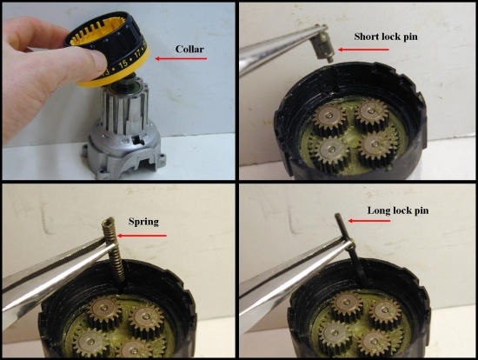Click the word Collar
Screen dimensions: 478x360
pyautogui.click(x=189, y=49)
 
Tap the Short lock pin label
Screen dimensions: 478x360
pyautogui.click(x=386, y=37)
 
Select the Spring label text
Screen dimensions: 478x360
pyautogui.click(x=143, y=222)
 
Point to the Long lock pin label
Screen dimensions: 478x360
pyautogui.click(x=398, y=210)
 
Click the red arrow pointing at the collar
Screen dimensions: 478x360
pyautogui.click(x=181, y=58)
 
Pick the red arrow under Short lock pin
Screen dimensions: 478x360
pyautogui.click(x=363, y=50)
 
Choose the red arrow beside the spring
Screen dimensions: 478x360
pyautogui.click(x=142, y=236)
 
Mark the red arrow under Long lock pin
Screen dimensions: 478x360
pyautogui.click(x=369, y=221)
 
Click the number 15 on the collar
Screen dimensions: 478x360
pyautogui.click(x=123, y=63)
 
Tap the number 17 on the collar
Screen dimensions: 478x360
pyautogui.click(x=138, y=54)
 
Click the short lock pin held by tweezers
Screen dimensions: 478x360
pyautogui.click(x=324, y=46)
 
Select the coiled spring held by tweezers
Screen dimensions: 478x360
pyautogui.click(x=115, y=249)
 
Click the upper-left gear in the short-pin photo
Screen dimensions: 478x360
pyautogui.click(x=329, y=118)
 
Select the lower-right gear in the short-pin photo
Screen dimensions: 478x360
pyautogui.click(x=375, y=146)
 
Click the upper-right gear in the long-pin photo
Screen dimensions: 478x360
pyautogui.click(x=385, y=310)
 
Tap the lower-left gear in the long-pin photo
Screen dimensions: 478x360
pyautogui.click(x=335, y=335)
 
